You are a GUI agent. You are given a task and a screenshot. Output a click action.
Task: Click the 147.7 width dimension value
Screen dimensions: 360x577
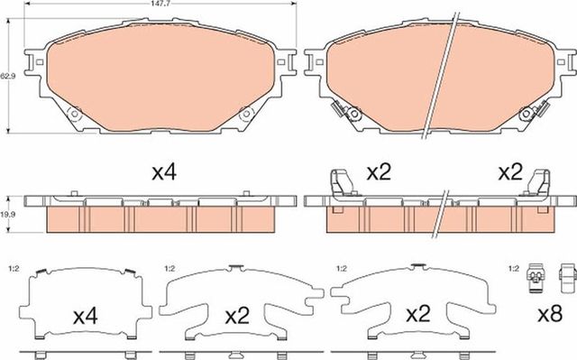coord(149,5)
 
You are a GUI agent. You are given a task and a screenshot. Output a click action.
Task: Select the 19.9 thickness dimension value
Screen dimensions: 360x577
coord(7,215)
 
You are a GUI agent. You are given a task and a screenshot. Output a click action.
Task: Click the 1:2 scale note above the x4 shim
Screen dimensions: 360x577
coord(13,268)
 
